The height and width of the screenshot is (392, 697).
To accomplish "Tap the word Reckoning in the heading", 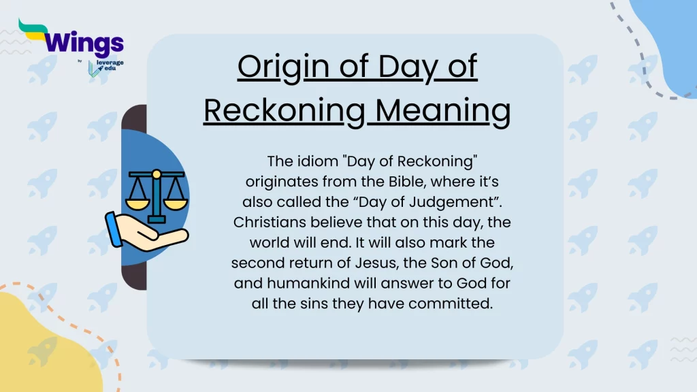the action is click(x=285, y=112).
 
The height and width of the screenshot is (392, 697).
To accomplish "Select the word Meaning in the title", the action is click(x=443, y=112).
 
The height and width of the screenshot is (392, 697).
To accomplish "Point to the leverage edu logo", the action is click(x=106, y=67).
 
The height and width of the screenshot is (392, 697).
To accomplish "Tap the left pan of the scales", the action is click(x=137, y=203).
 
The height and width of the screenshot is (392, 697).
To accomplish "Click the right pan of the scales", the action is click(x=175, y=203).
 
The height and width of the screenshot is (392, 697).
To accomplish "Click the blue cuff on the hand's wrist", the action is click(x=114, y=229).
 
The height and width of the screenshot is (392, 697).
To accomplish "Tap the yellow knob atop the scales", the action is click(x=156, y=174).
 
